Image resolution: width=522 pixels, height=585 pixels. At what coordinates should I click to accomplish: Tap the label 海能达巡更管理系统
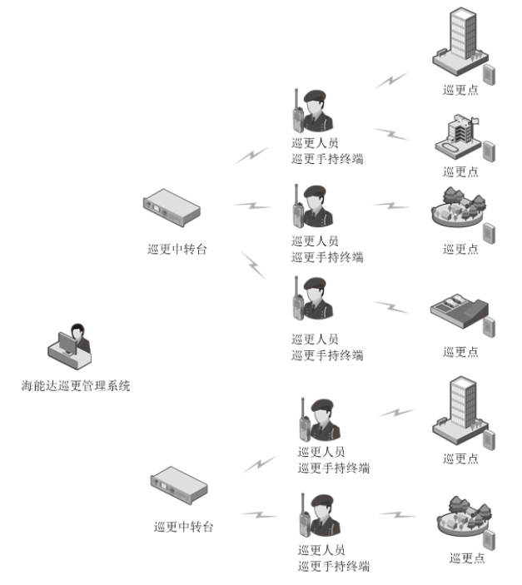pos(76,386)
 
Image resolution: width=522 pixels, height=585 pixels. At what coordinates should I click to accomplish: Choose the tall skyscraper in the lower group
pos(460,408)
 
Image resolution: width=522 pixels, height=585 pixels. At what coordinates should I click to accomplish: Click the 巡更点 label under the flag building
pos(460,172)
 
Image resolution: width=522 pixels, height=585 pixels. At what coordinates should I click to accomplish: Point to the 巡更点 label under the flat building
pos(460,352)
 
